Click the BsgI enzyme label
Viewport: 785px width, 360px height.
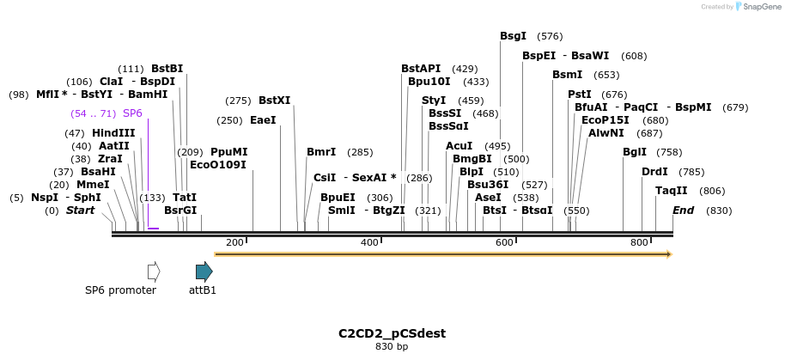pos(513,36)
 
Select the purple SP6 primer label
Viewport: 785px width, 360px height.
pos(132,113)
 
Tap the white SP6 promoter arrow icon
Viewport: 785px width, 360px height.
pos(154,272)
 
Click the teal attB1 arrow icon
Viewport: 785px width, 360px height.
pos(204,272)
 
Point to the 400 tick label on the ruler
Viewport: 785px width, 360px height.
pos(369,243)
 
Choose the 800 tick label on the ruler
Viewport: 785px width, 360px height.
pos(639,243)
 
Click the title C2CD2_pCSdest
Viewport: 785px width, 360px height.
pos(392,333)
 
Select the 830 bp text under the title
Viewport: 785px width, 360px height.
pos(392,347)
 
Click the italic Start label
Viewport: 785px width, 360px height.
pos(80,211)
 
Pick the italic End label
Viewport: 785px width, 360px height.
pos(683,211)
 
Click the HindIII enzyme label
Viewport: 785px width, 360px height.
pos(113,133)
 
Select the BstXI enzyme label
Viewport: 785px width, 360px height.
pos(274,101)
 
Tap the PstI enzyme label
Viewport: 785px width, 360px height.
pos(579,95)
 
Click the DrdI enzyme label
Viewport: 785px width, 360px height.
pos(654,172)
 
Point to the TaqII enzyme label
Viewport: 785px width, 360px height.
pos(671,191)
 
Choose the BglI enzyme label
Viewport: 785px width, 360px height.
pos(634,152)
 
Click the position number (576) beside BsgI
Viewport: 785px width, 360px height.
pos(550,36)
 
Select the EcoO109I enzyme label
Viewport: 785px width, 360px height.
pos(217,164)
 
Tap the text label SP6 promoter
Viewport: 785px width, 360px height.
pos(120,290)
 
